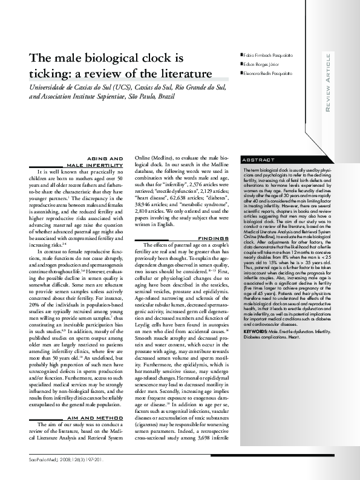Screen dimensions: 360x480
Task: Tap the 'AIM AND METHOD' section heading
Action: (x=99, y=418)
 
